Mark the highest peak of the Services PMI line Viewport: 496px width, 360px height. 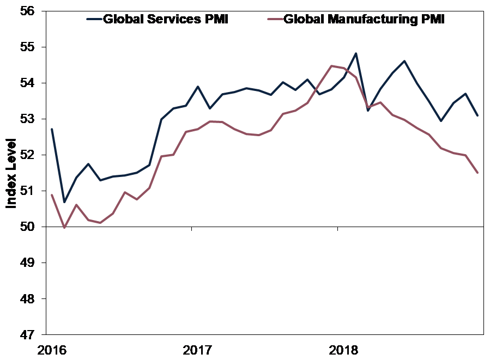coord(356,53)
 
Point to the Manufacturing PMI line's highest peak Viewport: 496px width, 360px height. coord(332,66)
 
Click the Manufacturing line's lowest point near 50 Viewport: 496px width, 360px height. coord(64,228)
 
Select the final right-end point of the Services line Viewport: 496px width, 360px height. coord(478,115)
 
